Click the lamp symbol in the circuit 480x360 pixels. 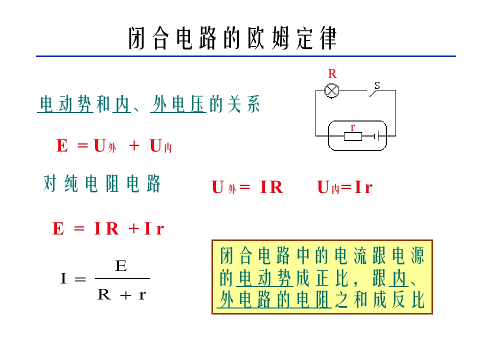pos(331,90)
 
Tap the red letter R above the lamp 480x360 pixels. pos(332,74)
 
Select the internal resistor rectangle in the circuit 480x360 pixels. pos(353,136)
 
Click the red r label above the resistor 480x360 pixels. pos(352,127)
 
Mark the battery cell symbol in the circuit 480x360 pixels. pos(377,136)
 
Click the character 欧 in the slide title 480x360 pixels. pos(256,38)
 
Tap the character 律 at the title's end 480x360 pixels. pos(328,38)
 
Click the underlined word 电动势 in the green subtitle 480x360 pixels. pos(65,104)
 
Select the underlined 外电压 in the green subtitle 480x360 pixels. pos(178,104)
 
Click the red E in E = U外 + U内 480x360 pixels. pos(62,145)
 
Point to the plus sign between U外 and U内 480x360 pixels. pos(134,145)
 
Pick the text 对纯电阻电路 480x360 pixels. pos(101,183)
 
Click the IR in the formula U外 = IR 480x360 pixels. pos(271,187)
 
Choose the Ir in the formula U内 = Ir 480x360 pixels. pos(363,187)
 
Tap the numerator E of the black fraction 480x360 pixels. pos(121,265)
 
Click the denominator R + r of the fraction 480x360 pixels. pos(122,295)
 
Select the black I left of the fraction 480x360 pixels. pos(63,278)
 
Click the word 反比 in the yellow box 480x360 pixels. pos(408,299)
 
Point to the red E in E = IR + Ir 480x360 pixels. pos(58,228)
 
